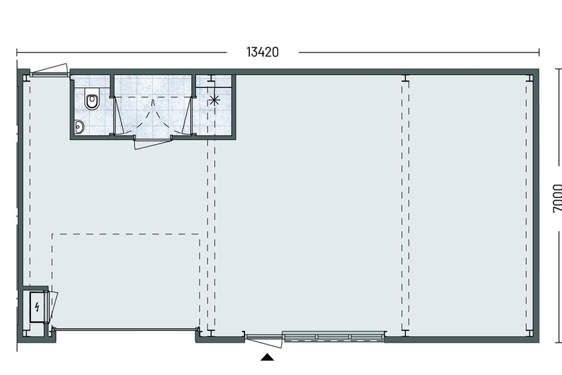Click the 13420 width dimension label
pos(262,52)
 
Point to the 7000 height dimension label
pos(558,198)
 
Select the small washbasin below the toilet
pos(79,127)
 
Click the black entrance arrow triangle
pos(267,357)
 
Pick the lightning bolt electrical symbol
pos(37,307)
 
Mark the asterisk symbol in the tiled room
pos(214,100)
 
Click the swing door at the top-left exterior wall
pos(49,71)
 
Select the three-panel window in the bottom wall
pos(334,336)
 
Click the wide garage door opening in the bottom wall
pos(126,329)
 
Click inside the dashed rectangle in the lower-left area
pos(126,280)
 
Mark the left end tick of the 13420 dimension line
pos(17,53)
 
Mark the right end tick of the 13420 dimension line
pos(539,53)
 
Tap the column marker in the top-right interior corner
pos(530,78)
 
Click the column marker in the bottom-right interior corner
pos(530,333)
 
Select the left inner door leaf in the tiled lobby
pos(119,115)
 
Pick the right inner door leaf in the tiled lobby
pos(187,115)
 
